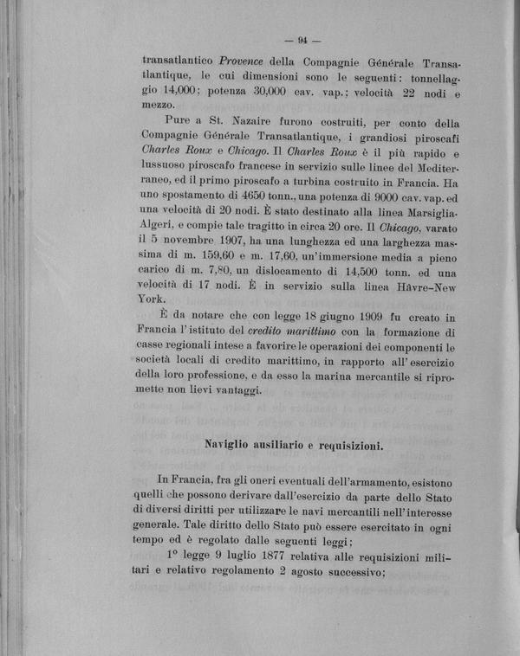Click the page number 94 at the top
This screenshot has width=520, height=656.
click(303, 39)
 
